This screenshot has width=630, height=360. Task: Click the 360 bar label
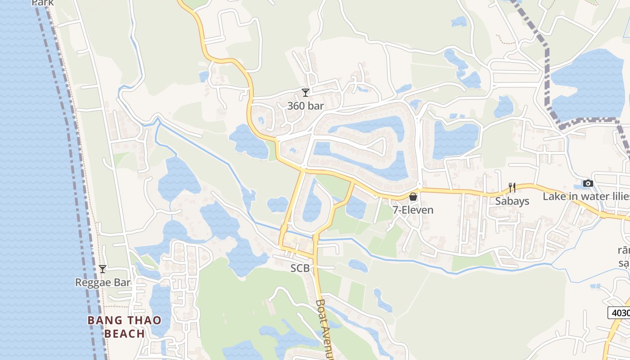(306, 106)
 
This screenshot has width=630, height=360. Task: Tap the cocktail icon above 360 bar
(306, 93)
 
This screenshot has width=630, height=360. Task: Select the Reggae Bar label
(103, 283)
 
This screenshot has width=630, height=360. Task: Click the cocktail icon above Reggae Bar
(103, 269)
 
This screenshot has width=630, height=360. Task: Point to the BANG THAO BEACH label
(124, 327)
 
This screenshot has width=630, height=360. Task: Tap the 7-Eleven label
(413, 210)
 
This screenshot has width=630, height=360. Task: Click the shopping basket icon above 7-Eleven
(413, 197)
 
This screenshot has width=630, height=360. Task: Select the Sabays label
(512, 201)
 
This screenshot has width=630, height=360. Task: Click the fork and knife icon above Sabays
(512, 188)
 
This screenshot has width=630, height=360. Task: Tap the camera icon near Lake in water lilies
(588, 183)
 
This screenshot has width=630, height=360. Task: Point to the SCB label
(300, 268)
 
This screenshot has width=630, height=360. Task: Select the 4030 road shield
(619, 312)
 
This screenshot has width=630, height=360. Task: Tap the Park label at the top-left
(43, 3)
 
